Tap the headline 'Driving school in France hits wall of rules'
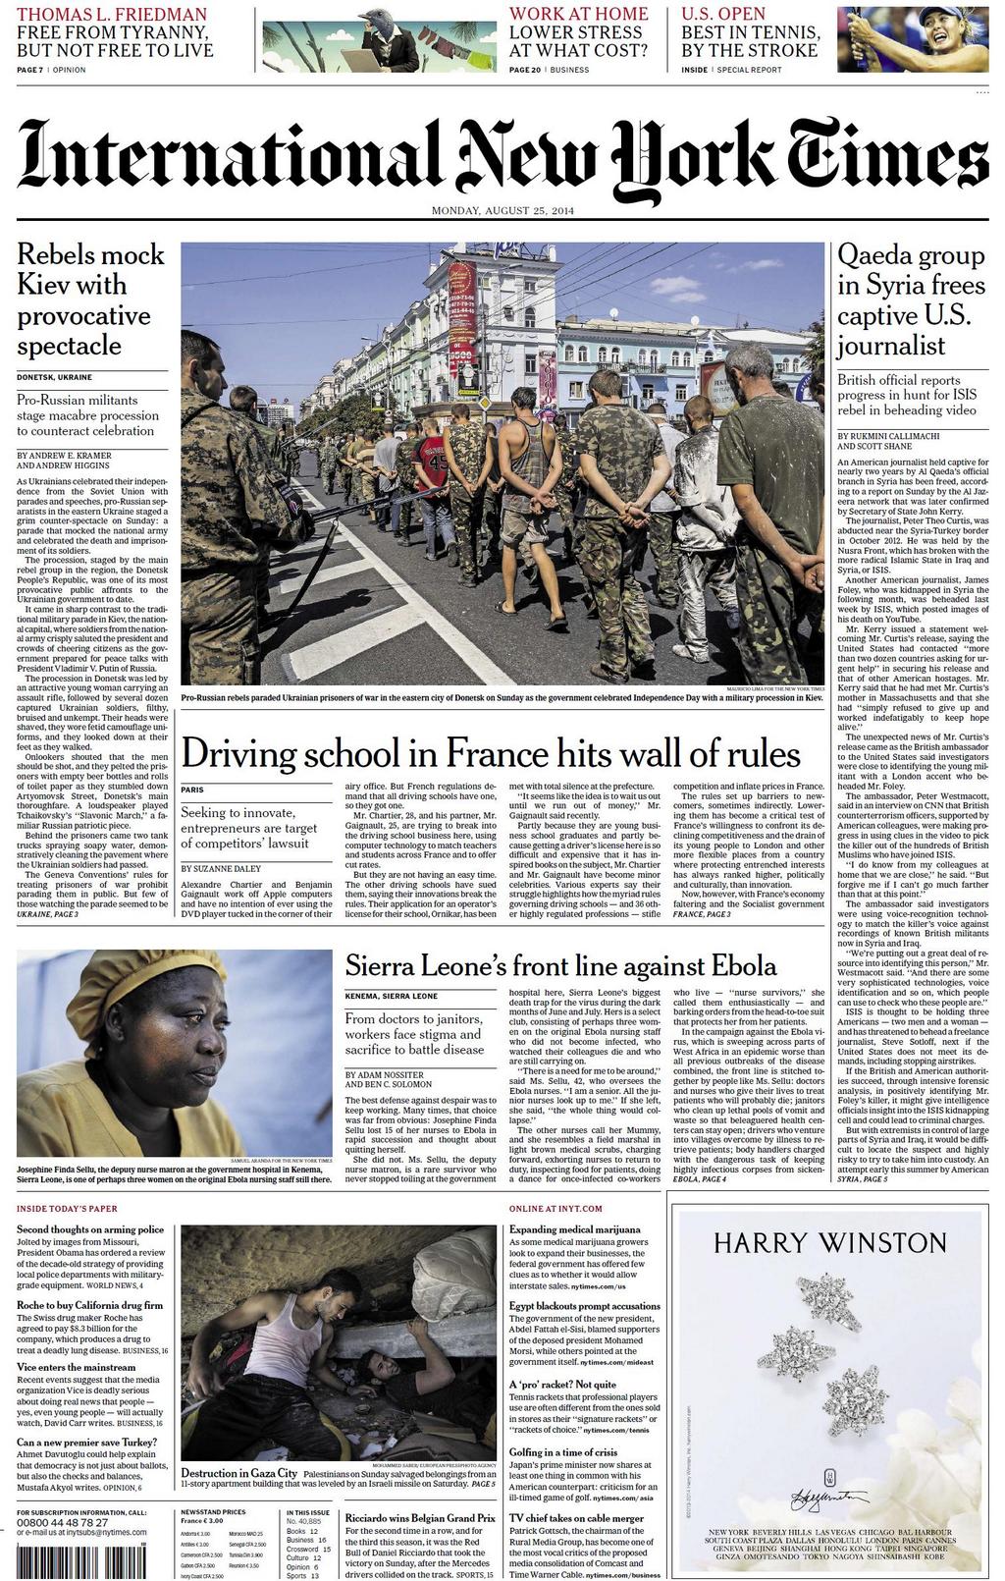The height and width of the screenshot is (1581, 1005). coord(491,754)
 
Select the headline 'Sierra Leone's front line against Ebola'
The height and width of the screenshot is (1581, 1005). coord(560,965)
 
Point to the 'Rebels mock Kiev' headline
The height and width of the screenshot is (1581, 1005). coord(90,300)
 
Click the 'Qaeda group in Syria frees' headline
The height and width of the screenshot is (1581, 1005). coord(911,300)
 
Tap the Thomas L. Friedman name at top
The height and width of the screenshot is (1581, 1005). coord(112,15)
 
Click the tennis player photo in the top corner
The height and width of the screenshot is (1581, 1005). coord(912,39)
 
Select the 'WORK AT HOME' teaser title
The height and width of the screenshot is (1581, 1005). coord(578,15)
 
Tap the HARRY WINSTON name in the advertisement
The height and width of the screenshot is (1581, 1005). coord(829,1242)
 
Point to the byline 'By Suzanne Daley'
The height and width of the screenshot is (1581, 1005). coord(219,869)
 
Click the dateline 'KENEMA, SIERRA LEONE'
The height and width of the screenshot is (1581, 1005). coord(391,996)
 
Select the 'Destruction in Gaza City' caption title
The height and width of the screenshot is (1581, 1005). coord(238,1473)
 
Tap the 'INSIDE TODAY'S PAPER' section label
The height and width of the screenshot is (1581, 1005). coord(67,1208)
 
